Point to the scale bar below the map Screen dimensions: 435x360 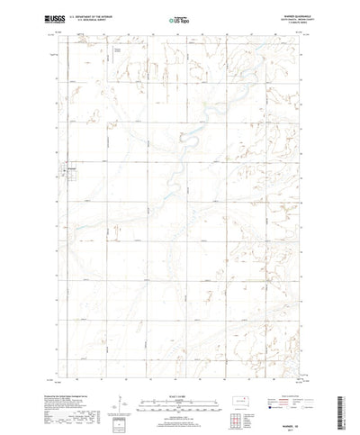pyautogui.click(x=181, y=370)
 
